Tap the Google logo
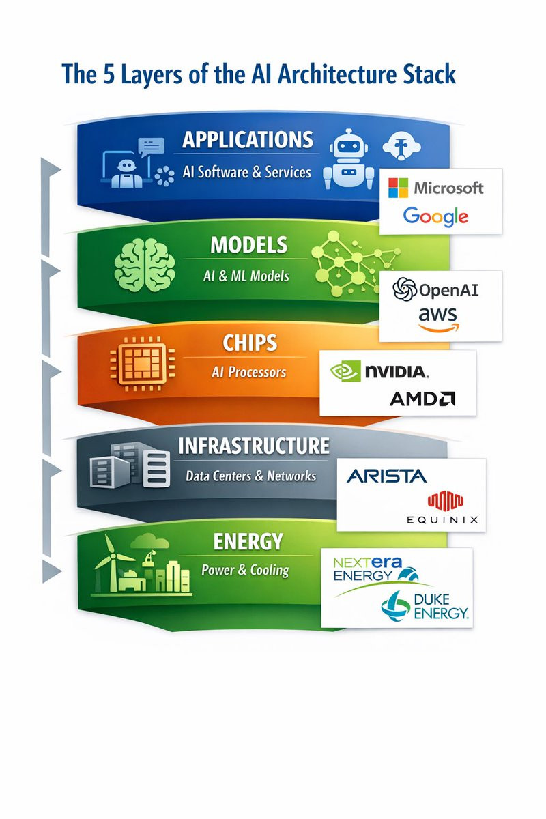coord(435,216)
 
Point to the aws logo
coord(438,318)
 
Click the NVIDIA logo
coord(379,371)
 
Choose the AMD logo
coord(422,399)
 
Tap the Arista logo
coord(386,476)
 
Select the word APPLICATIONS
coord(248,140)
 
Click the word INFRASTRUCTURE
coord(253,446)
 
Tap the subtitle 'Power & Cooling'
coord(245,570)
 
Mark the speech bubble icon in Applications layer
coord(152,146)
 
